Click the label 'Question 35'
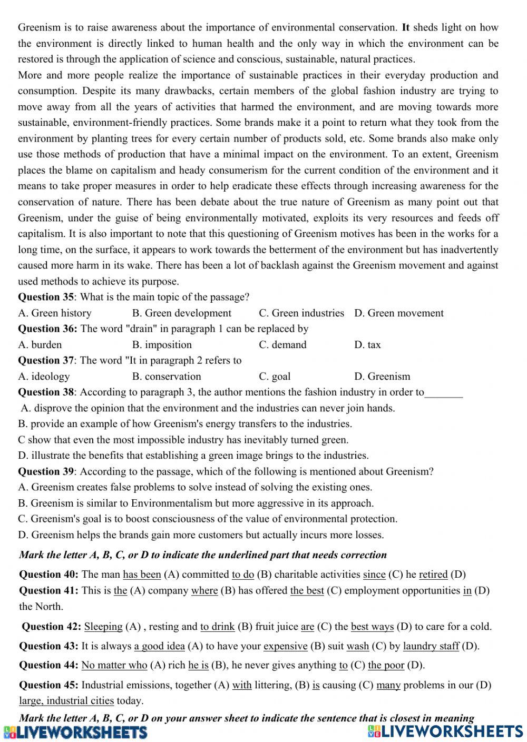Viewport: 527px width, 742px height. pyautogui.click(x=46, y=297)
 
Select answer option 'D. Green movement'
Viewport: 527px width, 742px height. pyautogui.click(x=398, y=313)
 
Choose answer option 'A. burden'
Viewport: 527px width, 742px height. pyautogui.click(x=40, y=345)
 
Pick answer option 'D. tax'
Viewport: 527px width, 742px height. pyautogui.click(x=367, y=345)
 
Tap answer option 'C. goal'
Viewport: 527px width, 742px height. pyautogui.click(x=275, y=377)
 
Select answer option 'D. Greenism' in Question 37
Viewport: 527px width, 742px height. pyautogui.click(x=382, y=377)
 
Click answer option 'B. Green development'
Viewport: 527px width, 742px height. pyautogui.click(x=182, y=313)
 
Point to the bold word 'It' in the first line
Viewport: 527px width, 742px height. pyautogui.click(x=405, y=27)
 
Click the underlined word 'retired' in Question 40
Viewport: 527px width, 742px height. pyautogui.click(x=433, y=575)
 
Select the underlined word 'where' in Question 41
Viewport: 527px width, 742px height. pyautogui.click(x=204, y=590)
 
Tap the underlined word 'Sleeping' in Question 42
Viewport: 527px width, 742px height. pyautogui.click(x=103, y=627)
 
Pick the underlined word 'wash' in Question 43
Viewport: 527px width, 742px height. pyautogui.click(x=357, y=646)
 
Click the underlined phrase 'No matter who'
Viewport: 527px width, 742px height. pyautogui.click(x=114, y=665)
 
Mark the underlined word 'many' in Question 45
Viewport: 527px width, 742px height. pyautogui.click(x=389, y=685)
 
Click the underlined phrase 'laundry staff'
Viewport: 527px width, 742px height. pyautogui.click(x=431, y=646)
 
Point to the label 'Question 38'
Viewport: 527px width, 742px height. pyautogui.click(x=46, y=392)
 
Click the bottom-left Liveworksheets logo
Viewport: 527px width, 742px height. pyautogui.click(x=75, y=732)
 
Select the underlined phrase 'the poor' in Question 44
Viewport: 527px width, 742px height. pyautogui.click(x=386, y=665)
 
